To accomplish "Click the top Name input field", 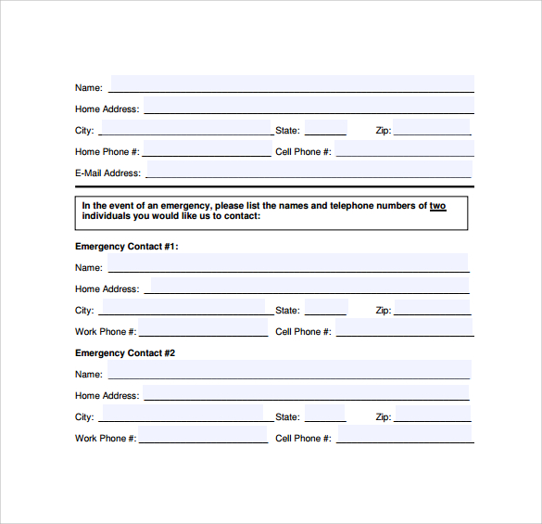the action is coord(291,84).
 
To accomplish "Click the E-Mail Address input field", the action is coord(308,170).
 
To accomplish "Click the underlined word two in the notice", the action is coord(437,206).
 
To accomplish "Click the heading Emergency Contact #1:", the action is coord(126,247).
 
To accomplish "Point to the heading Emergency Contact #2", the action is coord(125,353).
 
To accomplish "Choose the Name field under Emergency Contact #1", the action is coord(287,264).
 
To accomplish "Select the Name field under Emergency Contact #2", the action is coord(289,371).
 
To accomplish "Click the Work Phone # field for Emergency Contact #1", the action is coord(203,328).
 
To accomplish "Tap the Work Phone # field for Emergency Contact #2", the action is coord(203,435).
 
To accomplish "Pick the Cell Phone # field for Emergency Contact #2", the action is coord(405,435).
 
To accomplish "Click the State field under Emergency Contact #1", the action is coord(325,308).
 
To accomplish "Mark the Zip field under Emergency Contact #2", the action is coord(434,414).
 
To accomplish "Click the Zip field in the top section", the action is coord(434,128).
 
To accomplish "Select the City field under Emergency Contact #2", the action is coord(181,414).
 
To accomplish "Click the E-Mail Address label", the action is coord(107,173).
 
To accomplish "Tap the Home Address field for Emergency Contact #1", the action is coord(309,286).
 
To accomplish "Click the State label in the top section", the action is coord(287,131).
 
